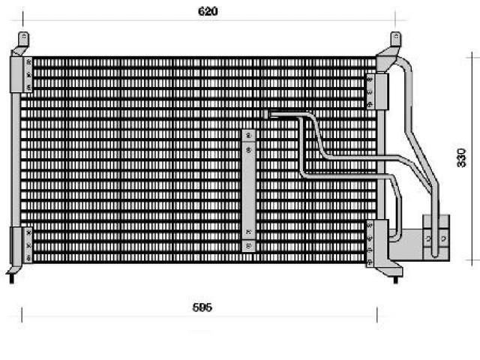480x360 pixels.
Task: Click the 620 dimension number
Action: [x=208, y=11]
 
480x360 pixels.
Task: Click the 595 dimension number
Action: [x=202, y=307]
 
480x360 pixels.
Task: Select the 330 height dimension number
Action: [x=461, y=157]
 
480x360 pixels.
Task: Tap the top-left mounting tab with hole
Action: [x=23, y=39]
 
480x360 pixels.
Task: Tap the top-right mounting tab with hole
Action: [x=396, y=39]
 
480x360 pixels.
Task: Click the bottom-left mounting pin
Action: [x=12, y=278]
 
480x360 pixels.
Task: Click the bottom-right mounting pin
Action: [x=395, y=280]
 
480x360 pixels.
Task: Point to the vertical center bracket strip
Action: [x=248, y=190]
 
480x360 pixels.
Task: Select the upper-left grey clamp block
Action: [x=21, y=75]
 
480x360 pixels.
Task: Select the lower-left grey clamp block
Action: [x=21, y=245]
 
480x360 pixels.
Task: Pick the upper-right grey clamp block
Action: [x=377, y=91]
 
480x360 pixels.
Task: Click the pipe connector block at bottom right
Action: [x=436, y=238]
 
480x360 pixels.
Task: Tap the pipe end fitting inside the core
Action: [x=266, y=114]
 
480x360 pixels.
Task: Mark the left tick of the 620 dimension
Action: [x=22, y=19]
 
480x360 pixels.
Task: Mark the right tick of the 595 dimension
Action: [x=376, y=315]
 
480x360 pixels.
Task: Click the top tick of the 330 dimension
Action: [x=472, y=57]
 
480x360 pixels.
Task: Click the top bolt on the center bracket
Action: [x=248, y=135]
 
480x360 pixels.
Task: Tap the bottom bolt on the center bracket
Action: [x=248, y=245]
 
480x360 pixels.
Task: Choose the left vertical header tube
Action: [x=15, y=160]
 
